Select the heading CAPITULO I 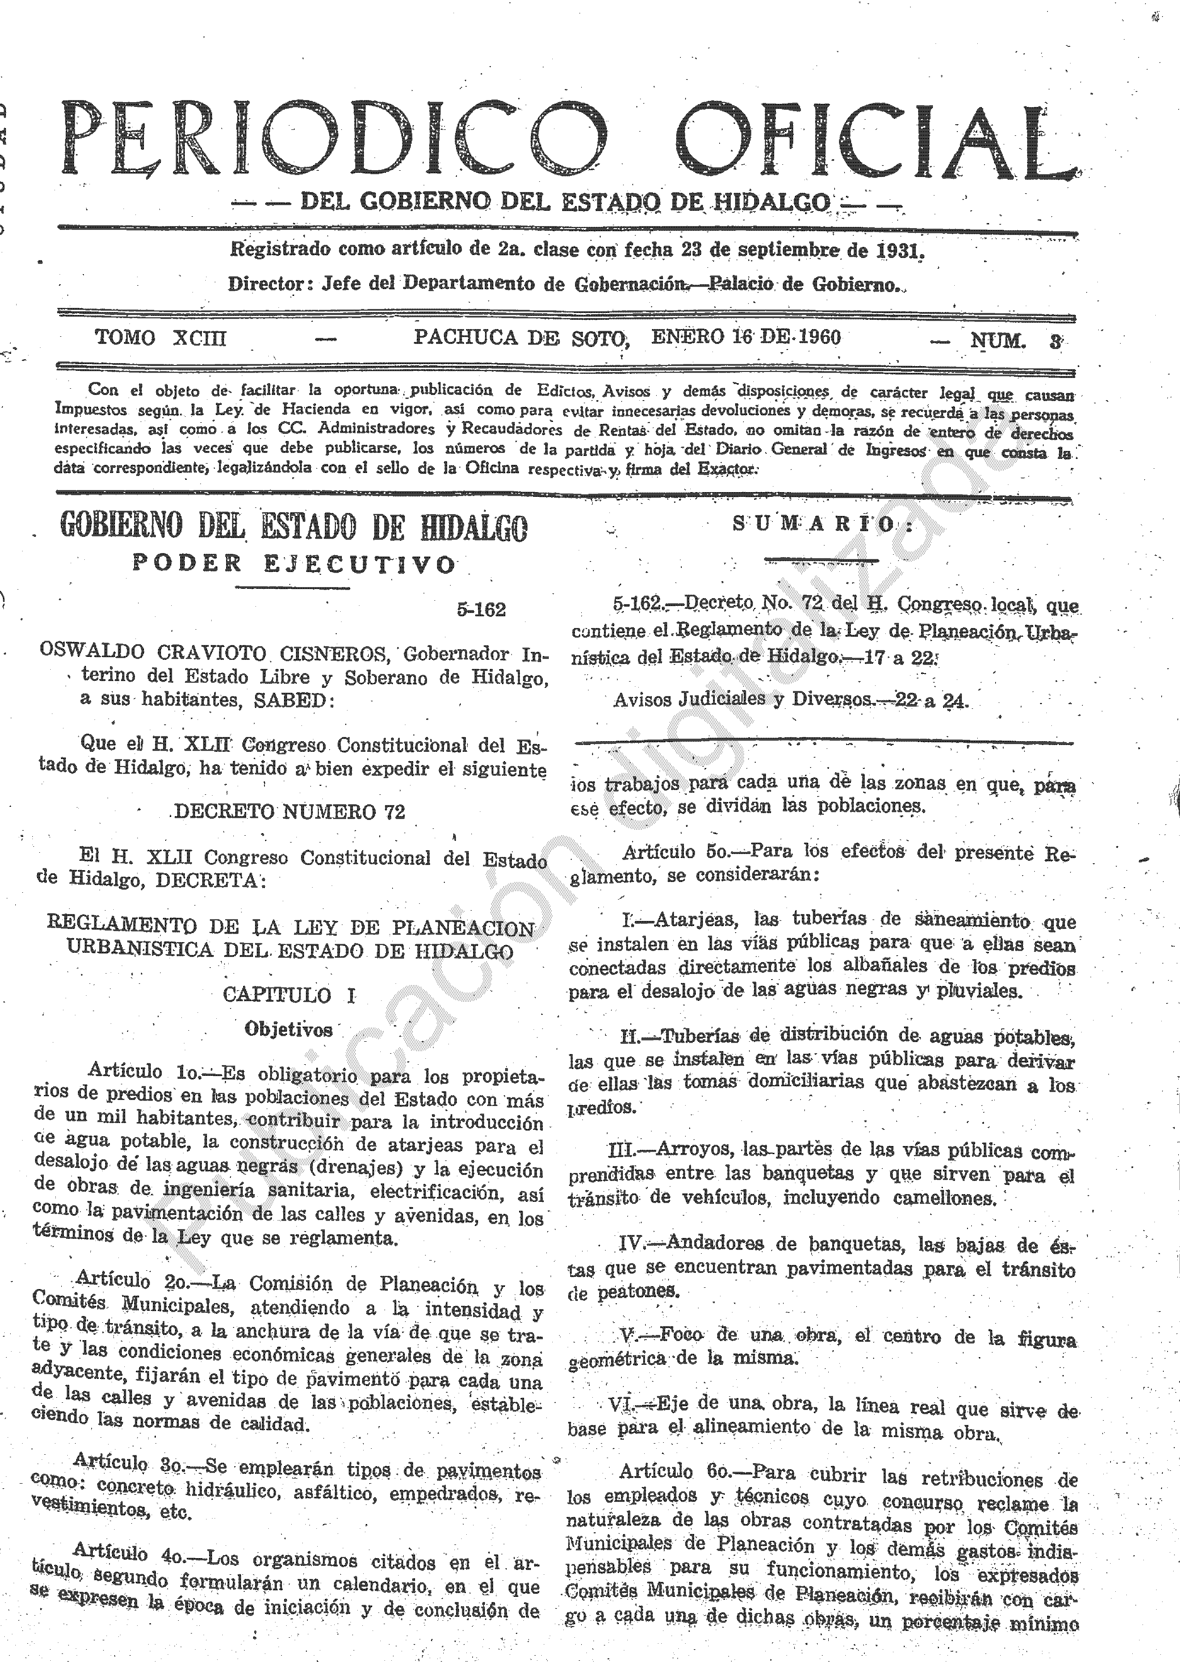[289, 995]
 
